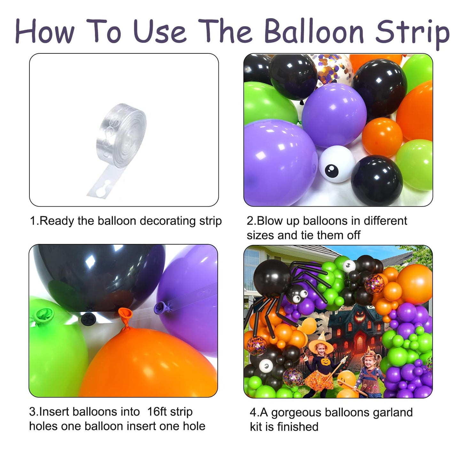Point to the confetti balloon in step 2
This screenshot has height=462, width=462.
(x=334, y=69)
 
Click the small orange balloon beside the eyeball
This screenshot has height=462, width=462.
(x=382, y=137)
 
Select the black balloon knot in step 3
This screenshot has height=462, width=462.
(x=88, y=318)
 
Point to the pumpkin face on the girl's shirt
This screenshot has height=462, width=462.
(x=325, y=362)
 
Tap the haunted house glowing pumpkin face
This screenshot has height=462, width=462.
(x=361, y=317)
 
